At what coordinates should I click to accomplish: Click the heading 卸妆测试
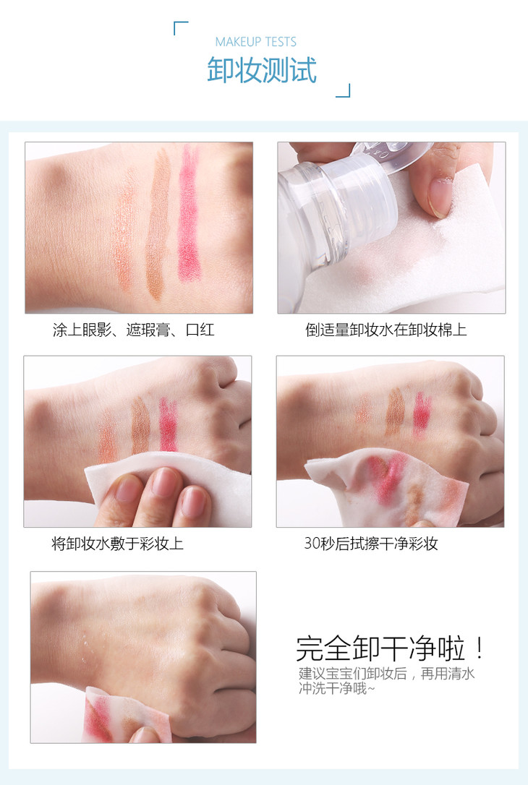pyautogui.click(x=262, y=69)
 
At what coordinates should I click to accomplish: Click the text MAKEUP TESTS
pyautogui.click(x=255, y=41)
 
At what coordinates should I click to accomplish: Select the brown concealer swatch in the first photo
pyautogui.click(x=158, y=223)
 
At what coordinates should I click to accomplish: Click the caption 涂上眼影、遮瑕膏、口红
pyautogui.click(x=134, y=330)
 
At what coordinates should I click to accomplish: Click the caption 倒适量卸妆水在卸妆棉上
pyautogui.click(x=386, y=330)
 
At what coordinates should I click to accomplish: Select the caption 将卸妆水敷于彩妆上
pyautogui.click(x=118, y=543)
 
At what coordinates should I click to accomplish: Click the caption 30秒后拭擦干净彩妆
pyautogui.click(x=371, y=543)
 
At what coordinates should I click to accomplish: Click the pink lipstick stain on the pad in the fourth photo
pyautogui.click(x=386, y=476)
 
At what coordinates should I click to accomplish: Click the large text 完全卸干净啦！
pyautogui.click(x=390, y=648)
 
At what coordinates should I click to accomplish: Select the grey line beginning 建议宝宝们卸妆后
pyautogui.click(x=386, y=674)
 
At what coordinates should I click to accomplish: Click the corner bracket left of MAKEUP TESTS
pyautogui.click(x=180, y=27)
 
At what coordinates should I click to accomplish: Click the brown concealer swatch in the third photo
pyautogui.click(x=140, y=426)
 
